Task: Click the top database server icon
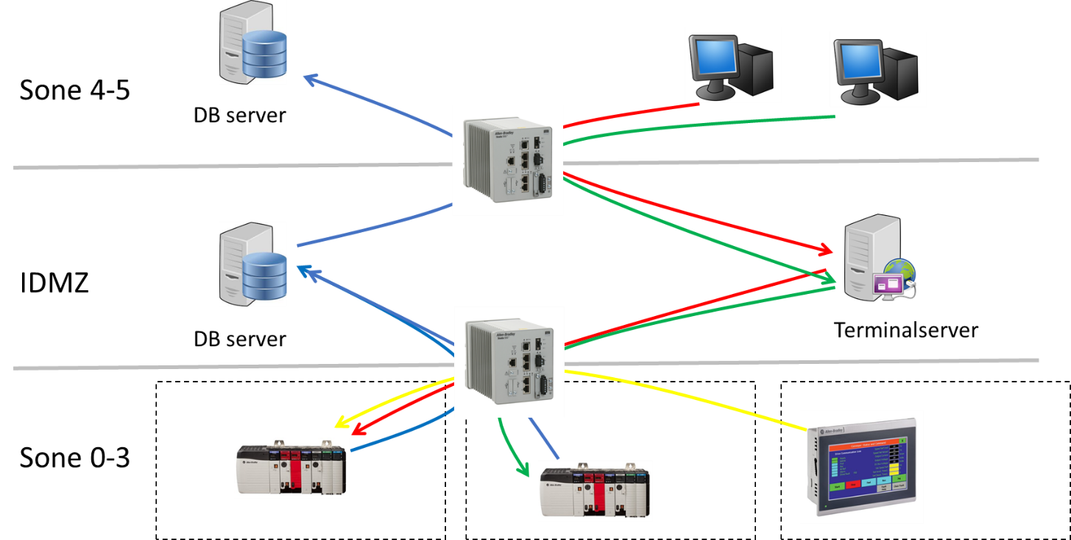(252, 43)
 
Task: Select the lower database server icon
(252, 264)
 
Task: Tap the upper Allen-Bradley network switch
(508, 161)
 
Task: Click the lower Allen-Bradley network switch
(509, 362)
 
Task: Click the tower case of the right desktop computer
(900, 74)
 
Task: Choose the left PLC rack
(291, 469)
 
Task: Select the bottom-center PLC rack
(595, 491)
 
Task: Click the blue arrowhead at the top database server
(310, 77)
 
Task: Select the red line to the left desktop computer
(633, 115)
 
